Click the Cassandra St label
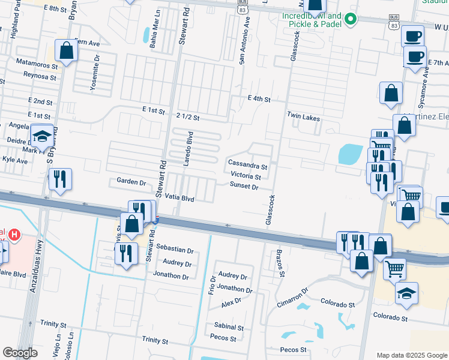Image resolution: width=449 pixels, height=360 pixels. (247, 164)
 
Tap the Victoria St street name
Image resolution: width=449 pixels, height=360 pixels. (246, 176)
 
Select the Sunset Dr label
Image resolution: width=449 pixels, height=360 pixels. (244, 187)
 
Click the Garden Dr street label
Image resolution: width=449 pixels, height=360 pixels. (131, 182)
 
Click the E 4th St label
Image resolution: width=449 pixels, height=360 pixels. (259, 98)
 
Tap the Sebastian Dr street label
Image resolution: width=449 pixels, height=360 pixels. (175, 250)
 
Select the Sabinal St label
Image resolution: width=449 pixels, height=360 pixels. (229, 328)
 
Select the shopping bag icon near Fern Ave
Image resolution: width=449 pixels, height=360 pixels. (67, 51)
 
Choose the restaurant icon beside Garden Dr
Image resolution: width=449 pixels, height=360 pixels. (60, 179)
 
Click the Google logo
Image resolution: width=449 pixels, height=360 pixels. (20, 353)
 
